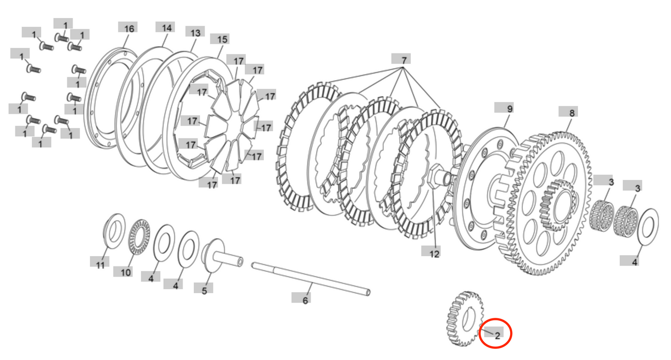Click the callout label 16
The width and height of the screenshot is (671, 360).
point(129,29)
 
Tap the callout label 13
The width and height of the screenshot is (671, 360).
point(195,33)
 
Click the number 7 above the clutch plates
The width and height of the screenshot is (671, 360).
point(404,60)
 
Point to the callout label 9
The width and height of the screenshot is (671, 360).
point(510,109)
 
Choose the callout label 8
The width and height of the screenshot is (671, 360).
point(572,112)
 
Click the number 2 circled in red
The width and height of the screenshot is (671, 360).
point(497,335)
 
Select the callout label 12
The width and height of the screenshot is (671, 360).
point(434,253)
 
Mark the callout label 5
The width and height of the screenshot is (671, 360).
point(204,290)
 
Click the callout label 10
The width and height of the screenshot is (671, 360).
point(126,272)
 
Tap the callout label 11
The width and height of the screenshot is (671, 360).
point(100,265)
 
